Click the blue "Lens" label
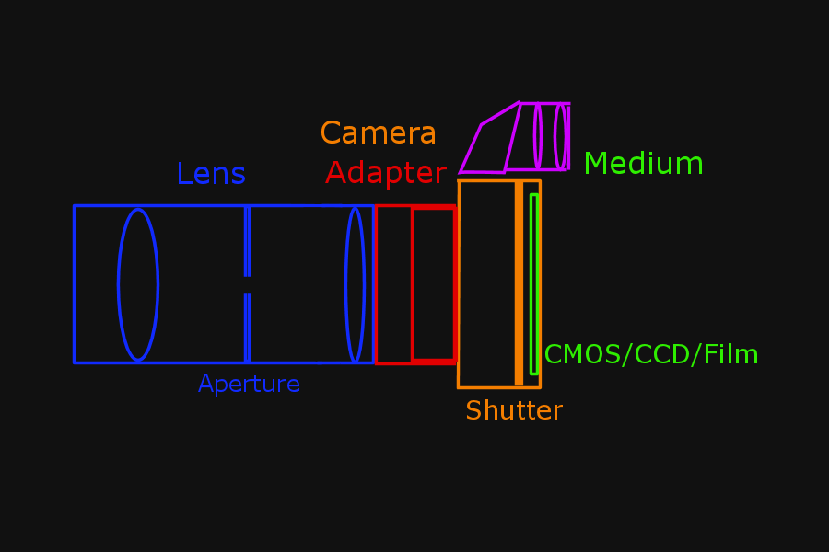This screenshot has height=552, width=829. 211,174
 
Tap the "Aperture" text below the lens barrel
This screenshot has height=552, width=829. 249,384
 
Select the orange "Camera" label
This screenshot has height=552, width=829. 378,133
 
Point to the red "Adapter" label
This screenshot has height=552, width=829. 385,173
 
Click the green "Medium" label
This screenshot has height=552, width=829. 643,164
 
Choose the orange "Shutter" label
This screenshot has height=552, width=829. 513,410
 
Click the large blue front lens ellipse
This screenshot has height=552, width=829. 138,284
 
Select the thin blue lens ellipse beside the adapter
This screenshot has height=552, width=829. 355,284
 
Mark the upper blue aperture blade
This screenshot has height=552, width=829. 247,240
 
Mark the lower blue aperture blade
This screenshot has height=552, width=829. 247,328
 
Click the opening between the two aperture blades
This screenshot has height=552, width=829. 247,284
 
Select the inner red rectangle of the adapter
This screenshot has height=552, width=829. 433,284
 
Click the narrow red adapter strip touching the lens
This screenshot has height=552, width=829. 393,284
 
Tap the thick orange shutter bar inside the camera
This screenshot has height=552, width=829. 519,284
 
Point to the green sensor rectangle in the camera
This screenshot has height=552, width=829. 533,284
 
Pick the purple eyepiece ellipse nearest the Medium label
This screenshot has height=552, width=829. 559,136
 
